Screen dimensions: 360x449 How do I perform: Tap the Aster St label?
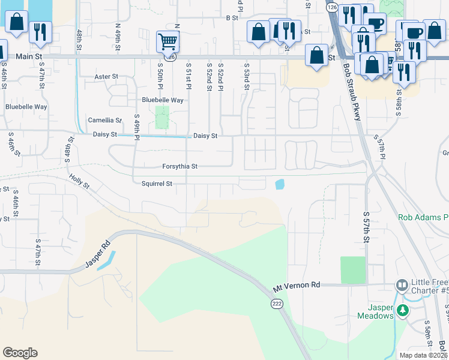coord(106,77)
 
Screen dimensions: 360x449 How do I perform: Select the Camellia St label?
coord(104,120)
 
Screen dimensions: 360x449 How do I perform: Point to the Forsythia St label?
coord(179,166)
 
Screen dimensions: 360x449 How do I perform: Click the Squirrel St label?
coord(157,184)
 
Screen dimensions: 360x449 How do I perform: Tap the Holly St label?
coord(79,181)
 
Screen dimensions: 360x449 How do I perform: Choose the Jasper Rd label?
coord(99,253)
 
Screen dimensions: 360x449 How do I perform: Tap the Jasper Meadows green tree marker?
coord(403,310)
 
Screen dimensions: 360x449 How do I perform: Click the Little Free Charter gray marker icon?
coord(401,284)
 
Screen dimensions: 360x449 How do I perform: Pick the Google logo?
coord(20,353)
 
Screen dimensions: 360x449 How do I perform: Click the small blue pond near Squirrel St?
coord(279,184)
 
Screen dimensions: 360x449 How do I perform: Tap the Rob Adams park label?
coord(423,217)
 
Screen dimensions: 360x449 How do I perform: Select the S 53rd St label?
coord(247,77)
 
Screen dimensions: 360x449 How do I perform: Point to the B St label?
coord(232,18)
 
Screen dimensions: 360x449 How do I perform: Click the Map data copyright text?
coord(423,355)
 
